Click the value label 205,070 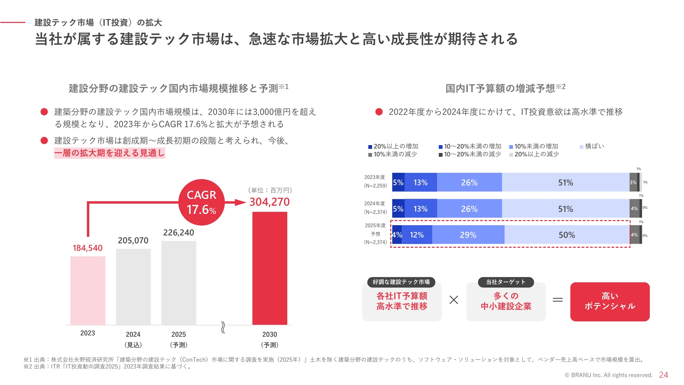tap(133, 241)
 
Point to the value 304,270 tap(269, 202)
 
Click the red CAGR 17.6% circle tap(201, 202)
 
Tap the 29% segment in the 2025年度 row tap(468, 235)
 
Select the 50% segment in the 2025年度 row tap(567, 235)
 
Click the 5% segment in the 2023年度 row tap(398, 182)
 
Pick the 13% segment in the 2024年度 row tap(420, 209)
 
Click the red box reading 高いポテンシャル tap(610, 301)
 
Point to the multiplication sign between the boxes tap(454, 300)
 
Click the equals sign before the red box tap(557, 300)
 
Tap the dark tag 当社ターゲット tap(505, 282)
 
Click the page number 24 tap(663, 375)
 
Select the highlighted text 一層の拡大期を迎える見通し tap(109, 153)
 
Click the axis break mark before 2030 tap(223, 327)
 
